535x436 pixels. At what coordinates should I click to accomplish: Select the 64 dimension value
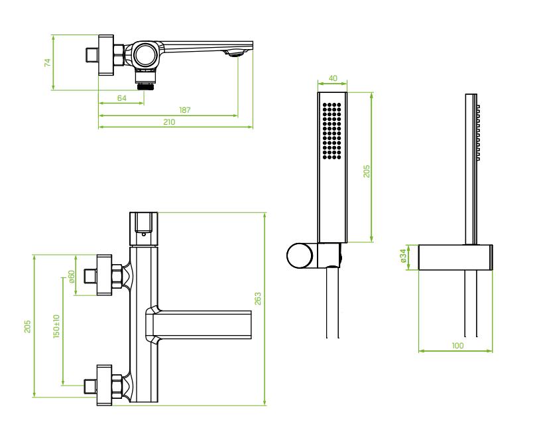pyautogui.click(x=121, y=98)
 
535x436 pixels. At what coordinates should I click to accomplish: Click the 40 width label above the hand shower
pyautogui.click(x=333, y=78)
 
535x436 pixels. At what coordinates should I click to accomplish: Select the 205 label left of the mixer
pyautogui.click(x=27, y=327)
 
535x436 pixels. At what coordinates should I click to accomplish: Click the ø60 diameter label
pyautogui.click(x=72, y=275)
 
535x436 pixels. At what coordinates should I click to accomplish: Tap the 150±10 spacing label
pyautogui.click(x=57, y=328)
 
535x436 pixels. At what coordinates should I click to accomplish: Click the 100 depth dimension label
pyautogui.click(x=457, y=345)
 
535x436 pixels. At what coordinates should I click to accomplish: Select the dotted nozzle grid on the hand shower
pyautogui.click(x=333, y=131)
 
